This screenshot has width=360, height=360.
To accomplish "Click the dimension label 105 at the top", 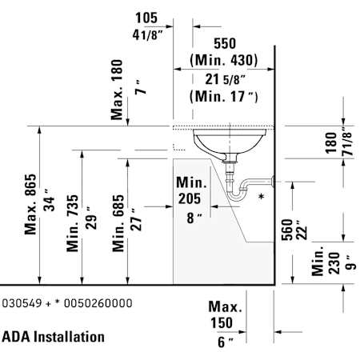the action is (x=146, y=18).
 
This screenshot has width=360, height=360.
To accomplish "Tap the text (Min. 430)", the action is (x=224, y=60).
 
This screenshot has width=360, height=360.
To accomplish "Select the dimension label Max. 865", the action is (x=30, y=204).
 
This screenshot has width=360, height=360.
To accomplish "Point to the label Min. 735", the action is (x=73, y=223).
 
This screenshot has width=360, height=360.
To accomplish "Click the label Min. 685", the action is (x=118, y=223).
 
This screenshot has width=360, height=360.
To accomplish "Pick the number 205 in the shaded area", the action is (x=190, y=198).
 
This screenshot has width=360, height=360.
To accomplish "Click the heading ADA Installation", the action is (x=53, y=337).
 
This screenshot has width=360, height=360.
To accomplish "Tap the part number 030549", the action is (x=22, y=303).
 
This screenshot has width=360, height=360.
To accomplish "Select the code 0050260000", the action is (x=98, y=303).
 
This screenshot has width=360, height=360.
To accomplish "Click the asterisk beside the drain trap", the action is (x=262, y=197).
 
